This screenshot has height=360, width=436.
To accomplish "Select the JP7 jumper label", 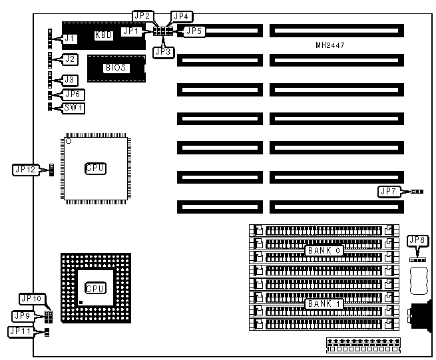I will tap(388, 192).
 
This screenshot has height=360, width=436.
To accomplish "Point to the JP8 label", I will tap(417, 240).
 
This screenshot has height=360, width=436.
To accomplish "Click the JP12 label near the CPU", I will tap(25, 170).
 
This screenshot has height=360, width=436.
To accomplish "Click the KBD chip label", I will tap(103, 35).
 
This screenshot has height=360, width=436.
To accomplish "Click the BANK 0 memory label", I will tap(324, 250).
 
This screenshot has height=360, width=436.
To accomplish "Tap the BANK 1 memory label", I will tap(324, 303).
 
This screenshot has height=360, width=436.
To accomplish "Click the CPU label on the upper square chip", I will tap(95, 168).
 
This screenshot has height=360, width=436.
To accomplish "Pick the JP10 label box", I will tap(32, 298).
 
